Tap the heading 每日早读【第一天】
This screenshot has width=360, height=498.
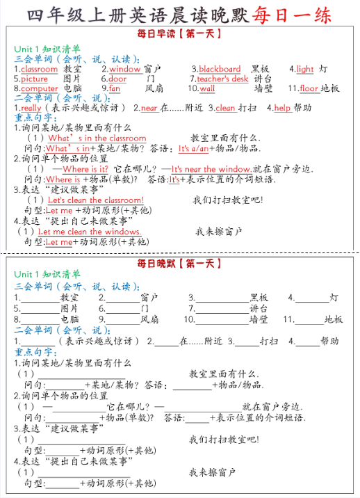coord(180,33)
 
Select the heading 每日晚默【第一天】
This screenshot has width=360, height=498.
coord(180,264)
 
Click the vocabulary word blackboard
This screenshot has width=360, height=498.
coord(220,69)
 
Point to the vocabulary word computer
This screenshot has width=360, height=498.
coord(40,89)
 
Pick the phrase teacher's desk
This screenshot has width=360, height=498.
coord(222,79)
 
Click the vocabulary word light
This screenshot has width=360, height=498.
coord(304,69)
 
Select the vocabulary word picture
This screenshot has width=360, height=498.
coord(35,79)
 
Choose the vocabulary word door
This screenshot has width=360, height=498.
coord(117,79)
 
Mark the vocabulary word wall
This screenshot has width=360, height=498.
coord(207,89)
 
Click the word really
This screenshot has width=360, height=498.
coord(31,109)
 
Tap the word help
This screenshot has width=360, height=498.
coord(282,109)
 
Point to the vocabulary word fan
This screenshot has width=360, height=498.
coord(115,89)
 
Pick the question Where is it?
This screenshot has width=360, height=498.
coord(85,169)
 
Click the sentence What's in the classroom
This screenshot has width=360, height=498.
coord(97,138)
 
